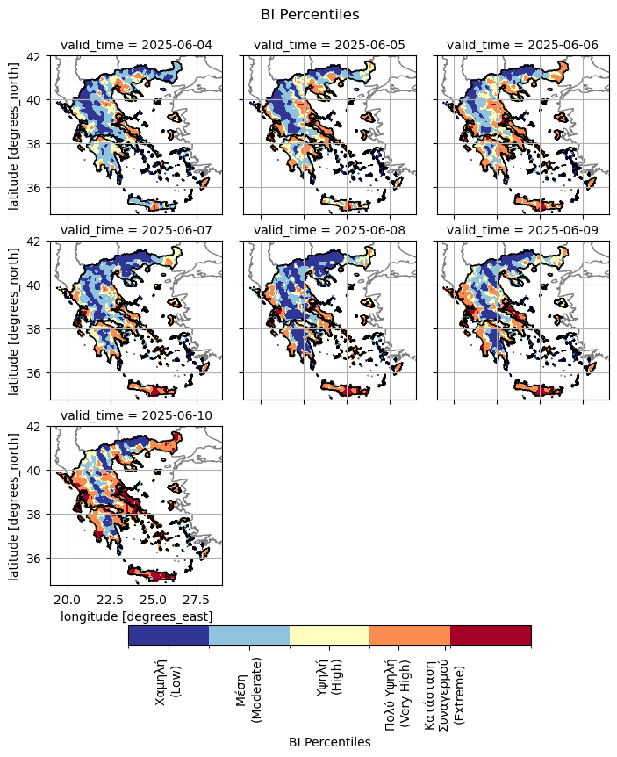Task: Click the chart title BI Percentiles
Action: [310, 14]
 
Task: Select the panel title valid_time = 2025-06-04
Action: [136, 46]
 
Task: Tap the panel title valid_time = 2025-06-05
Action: [329, 46]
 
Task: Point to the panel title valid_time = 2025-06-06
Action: [522, 46]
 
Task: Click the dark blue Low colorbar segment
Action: [169, 635]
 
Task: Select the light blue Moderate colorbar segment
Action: [249, 635]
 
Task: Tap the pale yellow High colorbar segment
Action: [329, 635]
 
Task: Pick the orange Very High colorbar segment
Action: [410, 635]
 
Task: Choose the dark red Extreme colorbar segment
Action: [491, 635]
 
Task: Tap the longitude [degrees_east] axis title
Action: [136, 616]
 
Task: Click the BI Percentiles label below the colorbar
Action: [329, 742]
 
